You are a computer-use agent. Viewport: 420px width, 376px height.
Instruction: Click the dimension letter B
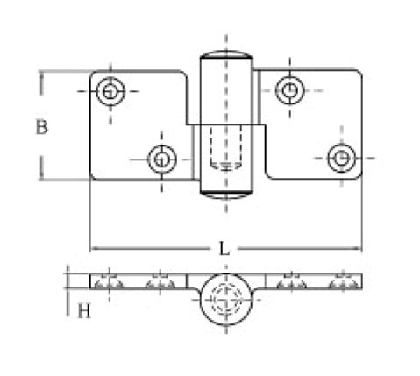click(x=41, y=127)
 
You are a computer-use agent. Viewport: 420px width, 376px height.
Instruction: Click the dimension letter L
click(x=224, y=249)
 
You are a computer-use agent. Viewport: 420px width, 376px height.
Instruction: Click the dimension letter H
click(x=84, y=311)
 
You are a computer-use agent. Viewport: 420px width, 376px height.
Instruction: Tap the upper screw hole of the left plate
click(x=110, y=91)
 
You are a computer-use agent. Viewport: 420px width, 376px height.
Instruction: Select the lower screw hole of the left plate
click(x=162, y=160)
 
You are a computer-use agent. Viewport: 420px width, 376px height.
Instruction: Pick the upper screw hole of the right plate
click(x=290, y=90)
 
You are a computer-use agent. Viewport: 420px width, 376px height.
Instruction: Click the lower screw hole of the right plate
click(x=342, y=158)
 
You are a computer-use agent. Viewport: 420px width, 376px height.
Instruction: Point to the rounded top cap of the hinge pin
click(x=226, y=54)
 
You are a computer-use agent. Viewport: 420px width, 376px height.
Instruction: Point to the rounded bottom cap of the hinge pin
click(x=226, y=195)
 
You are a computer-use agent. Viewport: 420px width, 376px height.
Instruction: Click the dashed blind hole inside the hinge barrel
click(x=226, y=147)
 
